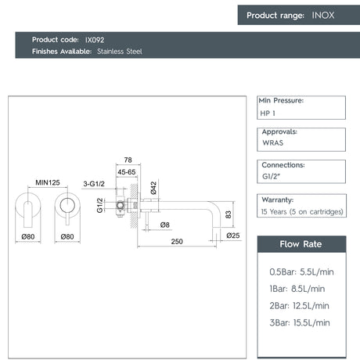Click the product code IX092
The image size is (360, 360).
tap(95, 40)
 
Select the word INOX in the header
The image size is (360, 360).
tap(323, 15)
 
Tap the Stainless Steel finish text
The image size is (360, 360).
tap(120, 52)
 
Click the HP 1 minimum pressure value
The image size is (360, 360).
tap(268, 113)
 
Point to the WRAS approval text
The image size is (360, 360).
tap(272, 142)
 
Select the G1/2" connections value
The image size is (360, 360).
tap(271, 176)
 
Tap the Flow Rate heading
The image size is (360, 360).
tap(301, 244)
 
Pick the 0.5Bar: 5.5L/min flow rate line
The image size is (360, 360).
tap(301, 272)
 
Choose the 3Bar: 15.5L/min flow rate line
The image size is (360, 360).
tap(300, 322)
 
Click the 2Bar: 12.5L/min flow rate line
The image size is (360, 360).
tap(299, 306)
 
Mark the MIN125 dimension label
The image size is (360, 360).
tap(48, 182)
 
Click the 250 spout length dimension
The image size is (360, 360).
tap(177, 242)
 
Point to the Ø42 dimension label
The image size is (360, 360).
tap(153, 188)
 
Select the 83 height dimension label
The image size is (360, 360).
tap(228, 214)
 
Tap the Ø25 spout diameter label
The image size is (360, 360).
tap(233, 236)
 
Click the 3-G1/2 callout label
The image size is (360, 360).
tap(94, 184)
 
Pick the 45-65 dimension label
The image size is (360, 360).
tap(127, 172)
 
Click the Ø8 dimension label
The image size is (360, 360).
tap(165, 225)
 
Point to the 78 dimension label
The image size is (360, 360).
tap(128, 160)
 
